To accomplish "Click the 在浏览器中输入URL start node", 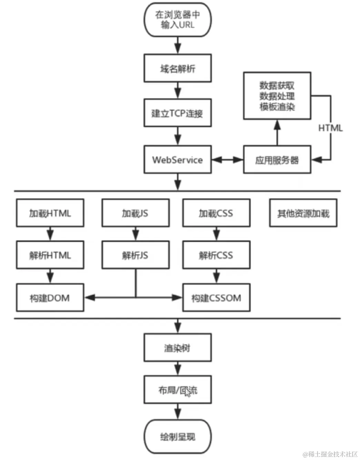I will (177, 20).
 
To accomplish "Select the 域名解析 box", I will (177, 68).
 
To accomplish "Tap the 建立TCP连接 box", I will (177, 113).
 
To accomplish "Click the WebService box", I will (177, 160).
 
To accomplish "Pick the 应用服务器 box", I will (277, 160).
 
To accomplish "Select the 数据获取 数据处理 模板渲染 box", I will (277, 96).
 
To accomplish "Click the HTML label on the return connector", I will (330, 128).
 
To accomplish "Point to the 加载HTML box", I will (50, 213).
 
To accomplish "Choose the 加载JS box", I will (135, 213).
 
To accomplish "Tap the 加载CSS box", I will (216, 213).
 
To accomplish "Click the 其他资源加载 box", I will (303, 213).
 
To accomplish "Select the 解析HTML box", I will (50, 255).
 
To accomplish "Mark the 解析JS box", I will (135, 255).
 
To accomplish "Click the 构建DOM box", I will (50, 298).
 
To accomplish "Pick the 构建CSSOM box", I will (216, 298).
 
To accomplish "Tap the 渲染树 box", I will (177, 348).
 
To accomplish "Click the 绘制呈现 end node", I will (177, 437).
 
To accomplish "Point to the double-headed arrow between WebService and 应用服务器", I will (227, 160).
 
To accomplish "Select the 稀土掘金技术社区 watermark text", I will (330, 454).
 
